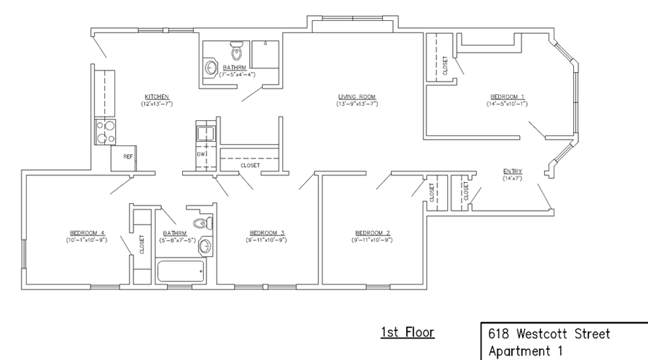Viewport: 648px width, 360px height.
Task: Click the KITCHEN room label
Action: pyautogui.click(x=156, y=96)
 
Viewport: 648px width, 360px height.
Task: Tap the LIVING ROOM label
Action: pyautogui.click(x=357, y=96)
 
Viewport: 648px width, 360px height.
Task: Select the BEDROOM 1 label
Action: pyautogui.click(x=508, y=96)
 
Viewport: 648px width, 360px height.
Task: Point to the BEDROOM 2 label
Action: pyautogui.click(x=373, y=233)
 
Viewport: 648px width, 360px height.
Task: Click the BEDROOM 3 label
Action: pyautogui.click(x=267, y=233)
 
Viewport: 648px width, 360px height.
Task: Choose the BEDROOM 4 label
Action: pyautogui.click(x=88, y=233)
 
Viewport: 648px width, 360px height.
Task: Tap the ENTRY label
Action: pyautogui.click(x=513, y=171)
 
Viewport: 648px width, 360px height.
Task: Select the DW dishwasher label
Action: pyautogui.click(x=202, y=155)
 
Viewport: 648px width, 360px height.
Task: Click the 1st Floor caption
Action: pyautogui.click(x=408, y=333)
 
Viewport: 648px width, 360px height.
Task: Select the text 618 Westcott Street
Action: pyautogui.click(x=549, y=334)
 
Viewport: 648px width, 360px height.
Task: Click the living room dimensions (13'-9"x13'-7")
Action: pyautogui.click(x=357, y=104)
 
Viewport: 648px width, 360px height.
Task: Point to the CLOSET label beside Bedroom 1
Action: pyautogui.click(x=446, y=66)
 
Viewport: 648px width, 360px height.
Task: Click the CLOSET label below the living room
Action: pyautogui.click(x=250, y=166)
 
